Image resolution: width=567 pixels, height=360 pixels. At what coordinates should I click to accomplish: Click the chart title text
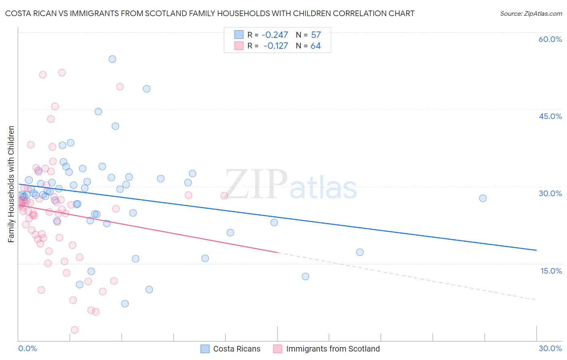(x=210, y=13)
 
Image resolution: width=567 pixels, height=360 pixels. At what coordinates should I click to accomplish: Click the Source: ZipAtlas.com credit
(x=531, y=13)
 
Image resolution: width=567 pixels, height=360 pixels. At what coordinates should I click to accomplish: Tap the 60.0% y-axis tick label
(x=550, y=39)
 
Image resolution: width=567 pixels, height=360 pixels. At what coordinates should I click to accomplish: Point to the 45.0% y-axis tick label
(x=550, y=116)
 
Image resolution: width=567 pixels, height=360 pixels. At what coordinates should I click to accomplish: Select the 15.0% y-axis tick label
(x=551, y=271)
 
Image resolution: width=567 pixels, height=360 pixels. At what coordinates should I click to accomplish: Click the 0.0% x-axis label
(x=27, y=348)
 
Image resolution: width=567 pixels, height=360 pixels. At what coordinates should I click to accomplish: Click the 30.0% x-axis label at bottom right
(x=550, y=348)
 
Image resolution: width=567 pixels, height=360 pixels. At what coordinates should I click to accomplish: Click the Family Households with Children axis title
(x=11, y=184)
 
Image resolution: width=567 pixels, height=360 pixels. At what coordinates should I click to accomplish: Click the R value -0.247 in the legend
(x=275, y=35)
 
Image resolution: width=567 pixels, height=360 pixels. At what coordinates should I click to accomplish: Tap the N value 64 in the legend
(x=315, y=46)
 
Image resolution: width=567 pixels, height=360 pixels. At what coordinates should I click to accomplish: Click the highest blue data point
(x=113, y=59)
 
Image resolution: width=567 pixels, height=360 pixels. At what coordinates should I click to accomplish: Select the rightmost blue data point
(x=483, y=198)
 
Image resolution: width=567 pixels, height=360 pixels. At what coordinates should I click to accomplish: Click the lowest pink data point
(x=75, y=330)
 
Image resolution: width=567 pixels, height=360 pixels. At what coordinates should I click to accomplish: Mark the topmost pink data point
(x=62, y=73)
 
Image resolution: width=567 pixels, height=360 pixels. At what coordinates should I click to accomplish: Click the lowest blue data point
(x=125, y=303)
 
